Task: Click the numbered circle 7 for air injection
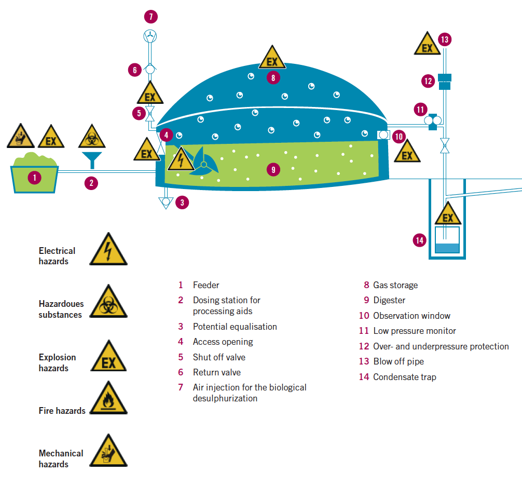click(x=150, y=17)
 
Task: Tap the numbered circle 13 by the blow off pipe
click(x=445, y=39)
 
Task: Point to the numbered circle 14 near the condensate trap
click(x=420, y=240)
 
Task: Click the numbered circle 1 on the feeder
click(x=34, y=178)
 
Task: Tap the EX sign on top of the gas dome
click(x=272, y=59)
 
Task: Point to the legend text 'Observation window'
click(x=411, y=316)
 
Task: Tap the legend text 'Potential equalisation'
click(x=235, y=327)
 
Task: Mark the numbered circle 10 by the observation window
click(x=399, y=137)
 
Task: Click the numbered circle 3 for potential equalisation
click(x=182, y=203)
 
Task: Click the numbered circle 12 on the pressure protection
click(x=428, y=81)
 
